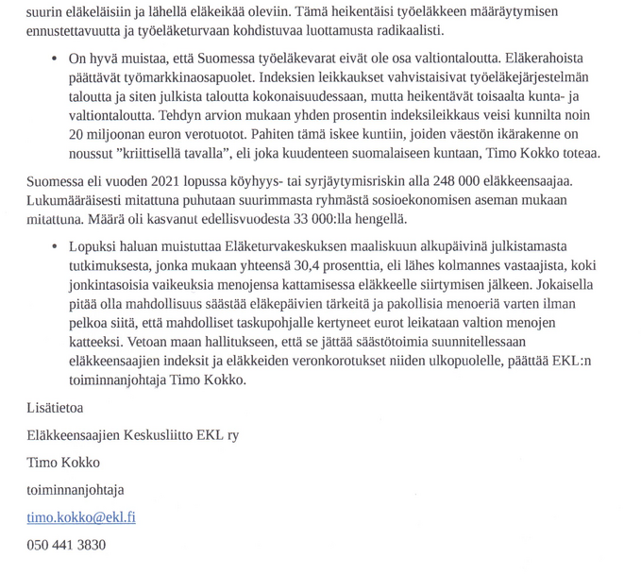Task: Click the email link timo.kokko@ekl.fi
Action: point(80,517)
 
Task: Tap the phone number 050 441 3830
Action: point(66,545)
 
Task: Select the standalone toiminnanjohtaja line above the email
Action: point(75,490)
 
